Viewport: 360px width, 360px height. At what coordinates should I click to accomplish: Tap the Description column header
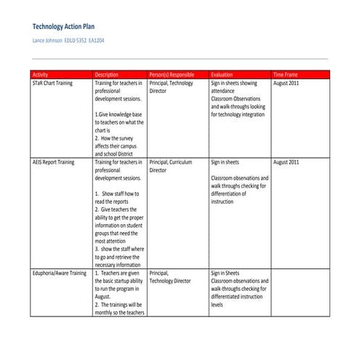tap(106, 74)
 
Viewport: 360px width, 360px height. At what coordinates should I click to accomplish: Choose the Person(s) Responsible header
tap(172, 74)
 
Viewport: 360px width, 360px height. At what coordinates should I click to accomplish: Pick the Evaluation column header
tap(222, 74)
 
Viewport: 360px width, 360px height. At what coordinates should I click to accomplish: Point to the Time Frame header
tap(287, 74)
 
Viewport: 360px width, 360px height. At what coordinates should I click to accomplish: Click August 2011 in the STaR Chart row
tap(287, 84)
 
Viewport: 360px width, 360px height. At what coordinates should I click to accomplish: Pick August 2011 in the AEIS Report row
tap(287, 162)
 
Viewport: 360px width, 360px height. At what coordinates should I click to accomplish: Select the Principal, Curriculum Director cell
tap(170, 167)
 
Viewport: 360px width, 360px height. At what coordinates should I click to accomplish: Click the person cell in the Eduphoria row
tap(170, 277)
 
